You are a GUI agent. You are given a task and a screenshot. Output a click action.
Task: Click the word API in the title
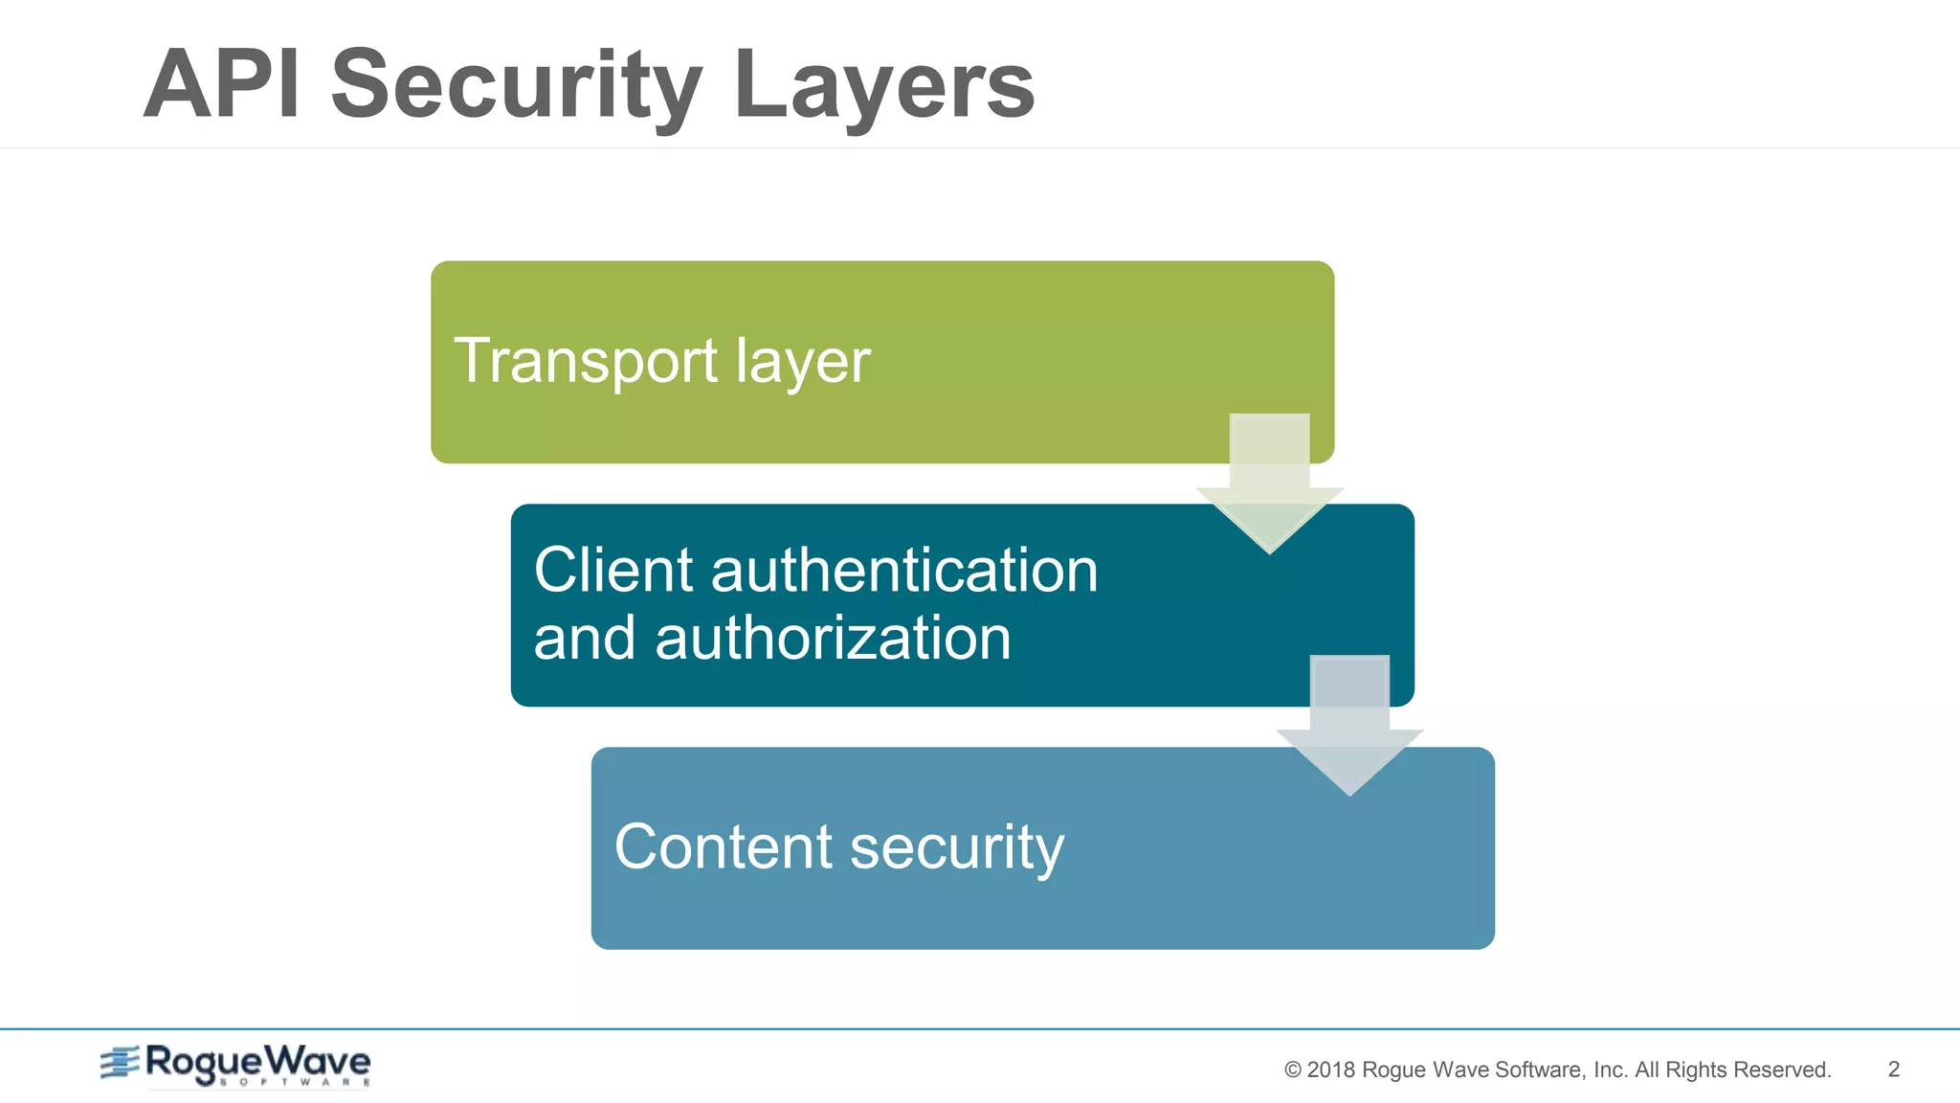[x=222, y=86]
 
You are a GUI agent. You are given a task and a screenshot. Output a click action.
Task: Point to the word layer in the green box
[x=803, y=364]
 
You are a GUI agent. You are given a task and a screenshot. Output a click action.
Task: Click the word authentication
[x=904, y=571]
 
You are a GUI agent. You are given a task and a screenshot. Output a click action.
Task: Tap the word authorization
[x=833, y=639]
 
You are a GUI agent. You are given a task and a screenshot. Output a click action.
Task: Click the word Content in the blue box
[x=724, y=847]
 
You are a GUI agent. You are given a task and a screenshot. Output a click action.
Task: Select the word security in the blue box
[x=957, y=849]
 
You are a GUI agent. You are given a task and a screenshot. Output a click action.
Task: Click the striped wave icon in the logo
[x=121, y=1063]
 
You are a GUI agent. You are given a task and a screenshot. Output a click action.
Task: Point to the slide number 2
[x=1893, y=1069]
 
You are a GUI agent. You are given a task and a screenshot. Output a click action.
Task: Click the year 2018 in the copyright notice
[x=1331, y=1070]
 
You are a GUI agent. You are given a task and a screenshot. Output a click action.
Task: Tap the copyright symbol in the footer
[x=1293, y=1070]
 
